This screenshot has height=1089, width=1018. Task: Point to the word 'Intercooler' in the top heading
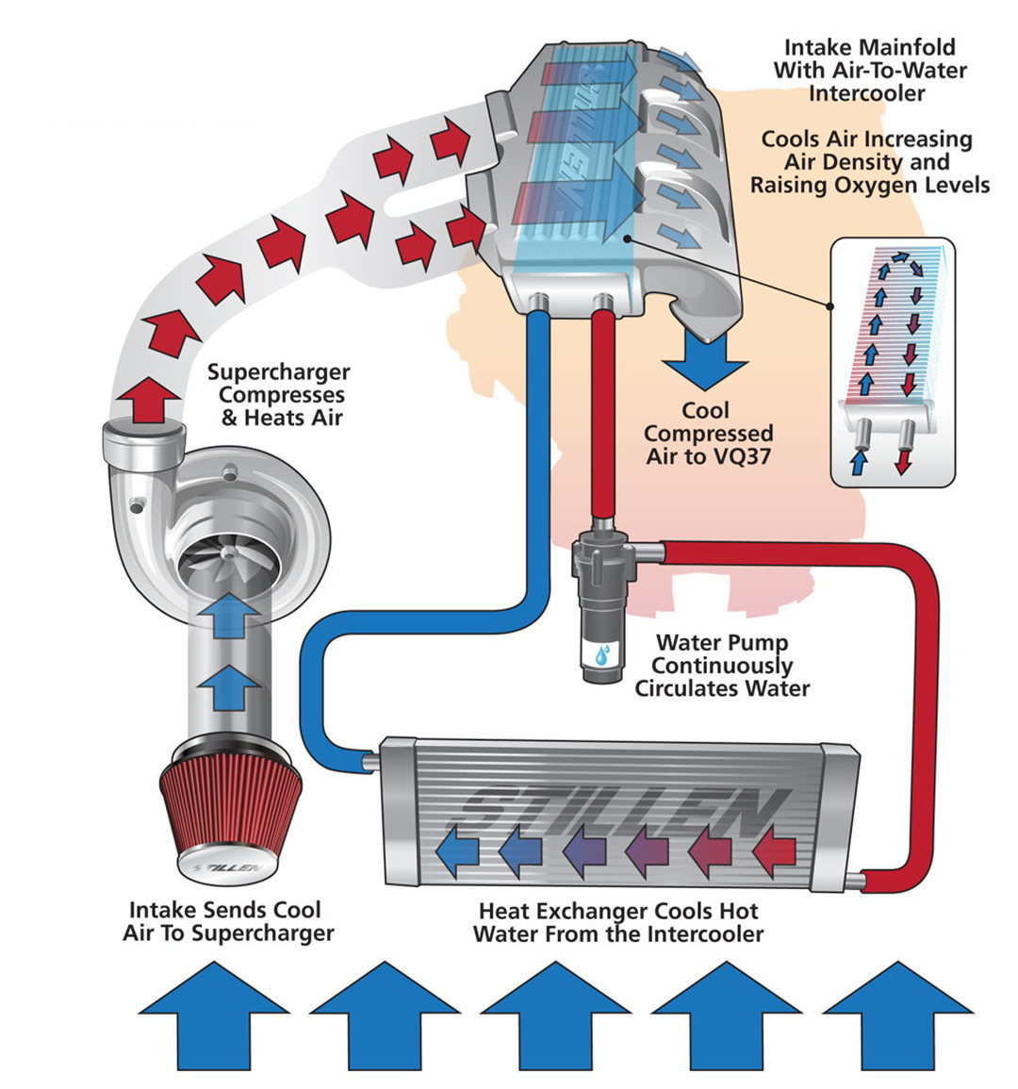point(866,93)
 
